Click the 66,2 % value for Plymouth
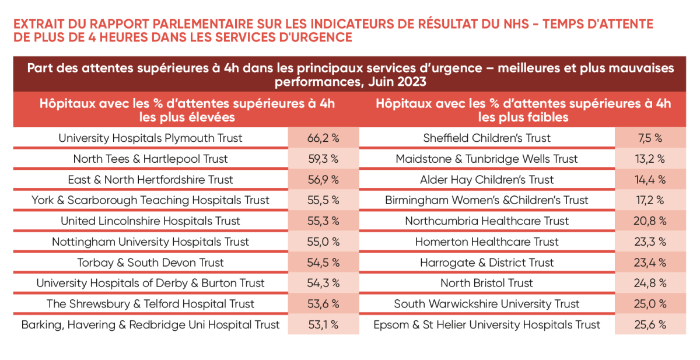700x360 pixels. pyautogui.click(x=323, y=138)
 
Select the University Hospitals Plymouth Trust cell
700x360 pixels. pyautogui.click(x=150, y=138)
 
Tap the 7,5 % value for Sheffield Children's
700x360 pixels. pyautogui.click(x=650, y=138)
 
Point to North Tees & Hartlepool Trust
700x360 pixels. pyautogui.click(x=150, y=159)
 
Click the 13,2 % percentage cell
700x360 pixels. pyautogui.click(x=650, y=159)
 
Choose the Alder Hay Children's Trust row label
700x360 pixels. pyautogui.click(x=487, y=180)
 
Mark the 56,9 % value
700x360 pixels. pyautogui.click(x=323, y=180)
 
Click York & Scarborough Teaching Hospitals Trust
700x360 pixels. pyautogui.click(x=150, y=200)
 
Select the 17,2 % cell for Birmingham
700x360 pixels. pyautogui.click(x=650, y=200)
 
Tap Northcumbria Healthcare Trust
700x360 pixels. pyautogui.click(x=487, y=221)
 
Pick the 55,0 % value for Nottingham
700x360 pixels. pyautogui.click(x=323, y=242)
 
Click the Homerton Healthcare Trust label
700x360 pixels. pyautogui.click(x=487, y=242)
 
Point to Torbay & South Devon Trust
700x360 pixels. pyautogui.click(x=150, y=263)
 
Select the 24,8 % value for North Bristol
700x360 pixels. pyautogui.click(x=650, y=283)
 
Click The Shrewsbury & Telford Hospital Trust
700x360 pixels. pyautogui.click(x=150, y=304)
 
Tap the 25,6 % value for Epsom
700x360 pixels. pyautogui.click(x=650, y=324)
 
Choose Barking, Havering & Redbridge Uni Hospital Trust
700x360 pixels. pyautogui.click(x=150, y=324)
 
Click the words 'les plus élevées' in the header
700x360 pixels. pyautogui.click(x=187, y=117)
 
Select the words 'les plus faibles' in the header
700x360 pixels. pyautogui.click(x=523, y=117)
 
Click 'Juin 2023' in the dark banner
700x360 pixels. pyautogui.click(x=397, y=82)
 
